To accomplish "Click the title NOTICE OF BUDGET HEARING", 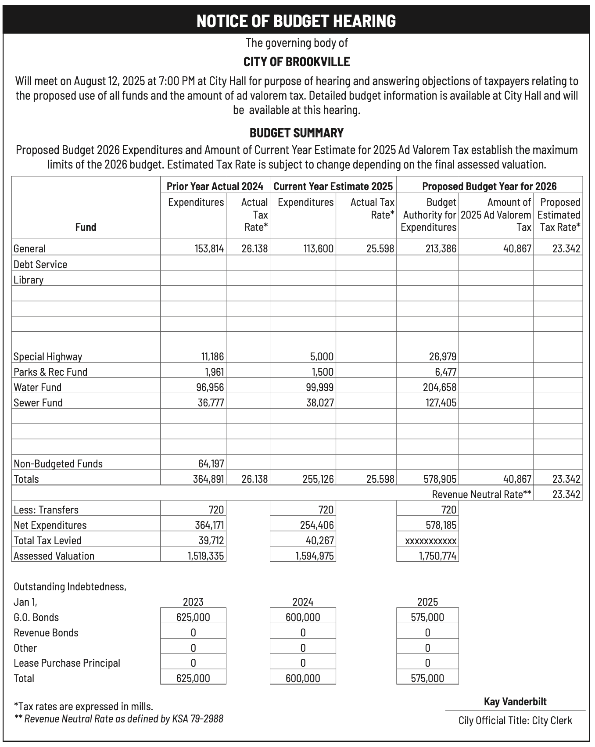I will coord(297,21).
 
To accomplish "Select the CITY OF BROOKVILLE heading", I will coord(297,62).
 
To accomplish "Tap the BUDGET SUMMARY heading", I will coord(297,133).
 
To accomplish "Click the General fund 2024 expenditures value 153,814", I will coord(209,249).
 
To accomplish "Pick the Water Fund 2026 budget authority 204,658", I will coord(441,387).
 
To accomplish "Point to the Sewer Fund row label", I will coord(38,402).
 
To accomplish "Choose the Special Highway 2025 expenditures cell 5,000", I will coord(322,356).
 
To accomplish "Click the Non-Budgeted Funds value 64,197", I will coord(209,464).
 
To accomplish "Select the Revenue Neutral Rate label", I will coord(482,495).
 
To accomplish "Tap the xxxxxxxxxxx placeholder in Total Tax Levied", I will coord(430,541).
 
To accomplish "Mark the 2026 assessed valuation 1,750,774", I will coord(437,556).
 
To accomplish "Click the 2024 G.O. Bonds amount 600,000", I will coord(303,618).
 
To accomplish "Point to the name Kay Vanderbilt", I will coord(515,702).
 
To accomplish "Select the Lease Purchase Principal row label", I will coord(67,663).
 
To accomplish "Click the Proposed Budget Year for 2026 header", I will coord(489,186).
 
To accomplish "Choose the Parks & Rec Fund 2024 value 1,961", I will coord(215,372).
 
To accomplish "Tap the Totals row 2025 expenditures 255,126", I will coord(318,479).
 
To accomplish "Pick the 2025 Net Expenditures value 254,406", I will coord(318,525).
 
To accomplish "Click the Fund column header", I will coord(86,227).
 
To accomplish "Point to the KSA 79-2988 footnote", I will coord(119,719).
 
